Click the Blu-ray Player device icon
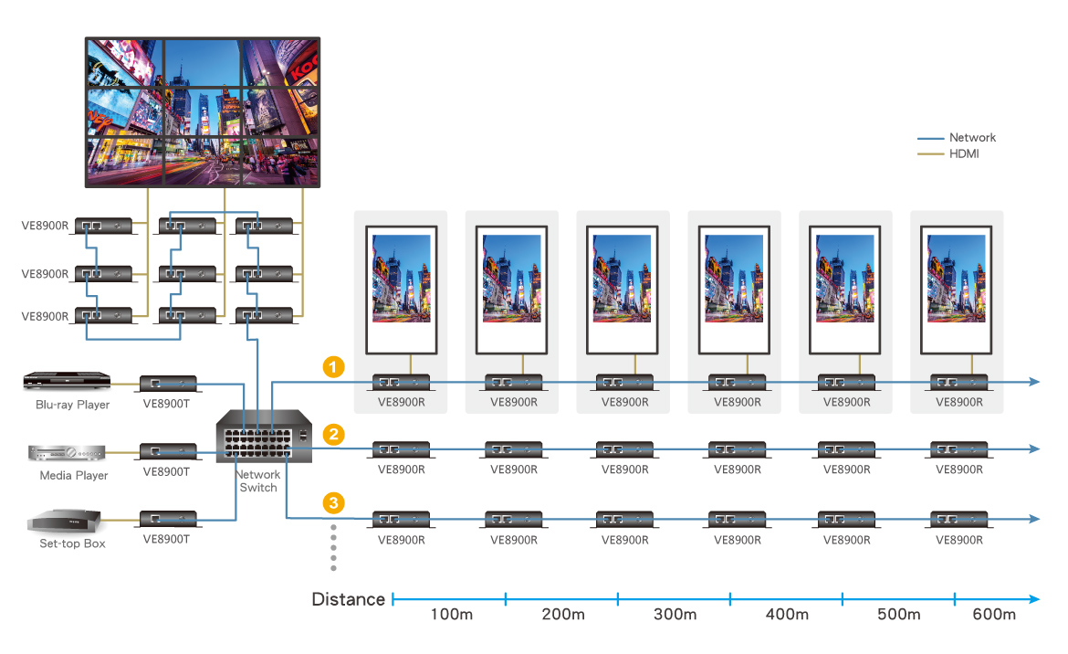[x=67, y=381]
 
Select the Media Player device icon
[x=68, y=453]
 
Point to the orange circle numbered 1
[x=334, y=367]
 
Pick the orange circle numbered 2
[x=334, y=435]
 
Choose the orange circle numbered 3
[x=334, y=502]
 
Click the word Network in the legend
[x=972, y=138]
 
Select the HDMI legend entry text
[x=964, y=154]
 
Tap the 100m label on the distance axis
[x=451, y=615]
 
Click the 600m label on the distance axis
[x=994, y=615]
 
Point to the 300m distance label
[x=675, y=615]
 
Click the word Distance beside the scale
[x=348, y=600]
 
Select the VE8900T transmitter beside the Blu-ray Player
[x=167, y=383]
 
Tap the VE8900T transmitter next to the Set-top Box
[x=167, y=520]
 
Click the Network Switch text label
[x=258, y=481]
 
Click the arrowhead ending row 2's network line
[x=1034, y=449]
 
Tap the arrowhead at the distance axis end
[x=1034, y=600]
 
